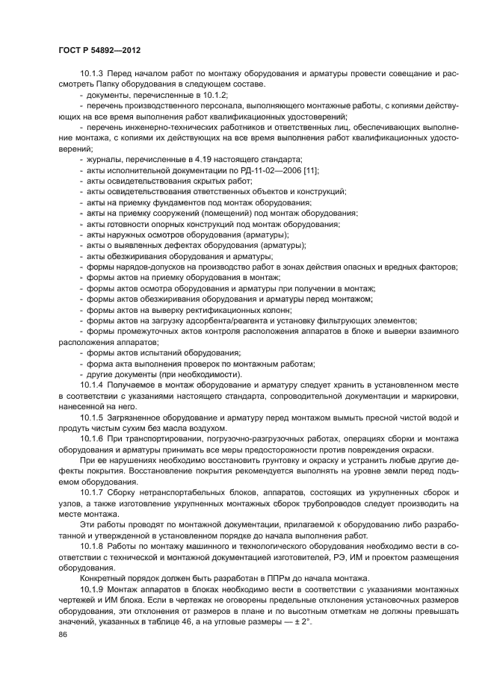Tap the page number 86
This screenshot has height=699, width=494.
click(x=62, y=633)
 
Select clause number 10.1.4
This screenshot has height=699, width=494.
click(x=92, y=383)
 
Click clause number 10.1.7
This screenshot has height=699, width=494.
click(x=92, y=494)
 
